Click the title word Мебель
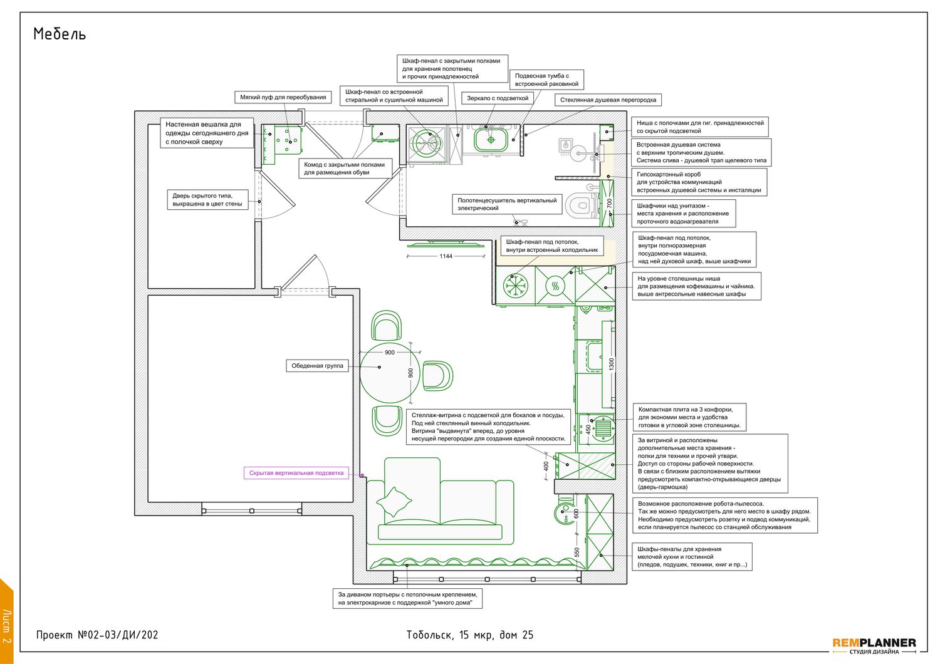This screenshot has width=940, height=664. click(59, 34)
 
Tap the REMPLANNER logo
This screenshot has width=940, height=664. click(874, 646)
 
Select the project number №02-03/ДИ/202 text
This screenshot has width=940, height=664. click(118, 635)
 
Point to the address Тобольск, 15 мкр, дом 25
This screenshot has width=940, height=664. click(469, 635)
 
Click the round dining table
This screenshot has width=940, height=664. click(390, 373)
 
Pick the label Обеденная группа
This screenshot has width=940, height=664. click(317, 366)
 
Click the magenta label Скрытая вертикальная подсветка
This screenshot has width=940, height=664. click(296, 473)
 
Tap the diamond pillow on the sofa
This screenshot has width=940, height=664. click(394, 502)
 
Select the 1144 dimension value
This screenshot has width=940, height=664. click(446, 256)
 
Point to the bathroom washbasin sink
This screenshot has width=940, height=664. click(491, 140)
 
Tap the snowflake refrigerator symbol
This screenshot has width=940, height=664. click(515, 286)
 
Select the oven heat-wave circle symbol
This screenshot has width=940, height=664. click(555, 286)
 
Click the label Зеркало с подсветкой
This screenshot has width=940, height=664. click(498, 98)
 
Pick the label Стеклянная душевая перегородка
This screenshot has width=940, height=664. click(608, 100)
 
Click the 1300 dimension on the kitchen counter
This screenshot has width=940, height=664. click(612, 364)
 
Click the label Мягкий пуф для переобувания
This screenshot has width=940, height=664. click(283, 97)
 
